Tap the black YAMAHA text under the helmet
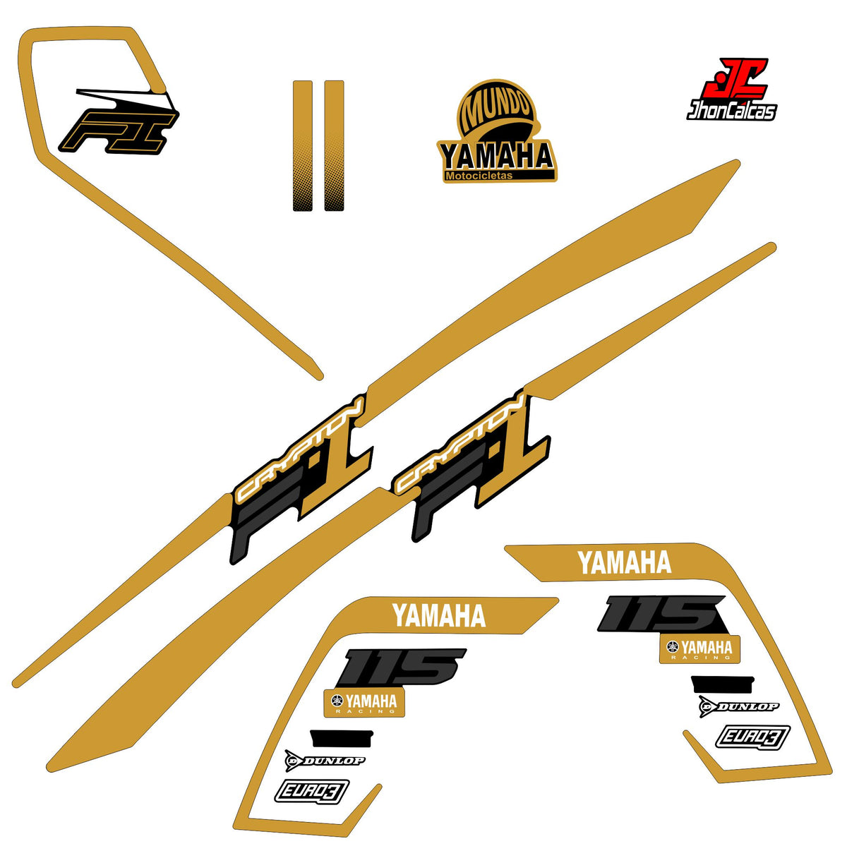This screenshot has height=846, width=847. point(496,157)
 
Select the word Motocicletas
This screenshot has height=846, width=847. point(479,176)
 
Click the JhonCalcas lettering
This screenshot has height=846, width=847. point(731,111)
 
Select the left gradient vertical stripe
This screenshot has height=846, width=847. point(302,145)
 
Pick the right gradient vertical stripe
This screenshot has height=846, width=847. point(334,145)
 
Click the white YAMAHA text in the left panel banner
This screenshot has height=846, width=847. point(439,615)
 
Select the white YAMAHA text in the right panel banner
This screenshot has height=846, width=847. point(625,562)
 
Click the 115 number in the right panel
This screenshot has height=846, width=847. point(661,615)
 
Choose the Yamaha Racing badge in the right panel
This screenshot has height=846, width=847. point(699,649)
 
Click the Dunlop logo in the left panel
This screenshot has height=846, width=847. point(325,761)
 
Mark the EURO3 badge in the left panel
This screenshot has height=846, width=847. point(312,791)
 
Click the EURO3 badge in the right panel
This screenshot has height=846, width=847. point(753,737)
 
